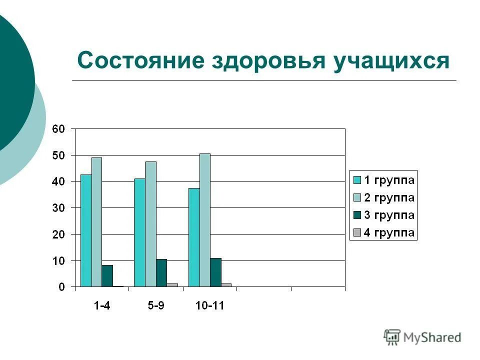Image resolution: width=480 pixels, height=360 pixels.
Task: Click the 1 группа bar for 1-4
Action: click(x=86, y=230)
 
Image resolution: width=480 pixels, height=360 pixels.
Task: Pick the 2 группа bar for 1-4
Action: click(x=96, y=222)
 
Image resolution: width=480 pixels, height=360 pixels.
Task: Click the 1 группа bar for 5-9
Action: click(x=139, y=232)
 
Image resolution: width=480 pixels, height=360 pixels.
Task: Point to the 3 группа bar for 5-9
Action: click(x=161, y=273)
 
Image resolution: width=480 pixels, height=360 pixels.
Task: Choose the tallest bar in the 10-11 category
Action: click(x=204, y=220)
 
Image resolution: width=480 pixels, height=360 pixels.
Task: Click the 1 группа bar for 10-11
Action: click(x=194, y=237)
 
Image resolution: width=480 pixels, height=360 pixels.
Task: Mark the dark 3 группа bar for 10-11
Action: click(x=215, y=272)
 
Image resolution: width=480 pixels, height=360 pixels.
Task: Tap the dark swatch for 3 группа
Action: click(x=357, y=215)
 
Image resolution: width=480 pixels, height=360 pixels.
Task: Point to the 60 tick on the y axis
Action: click(x=58, y=129)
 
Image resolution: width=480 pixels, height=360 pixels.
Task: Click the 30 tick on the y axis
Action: click(x=58, y=208)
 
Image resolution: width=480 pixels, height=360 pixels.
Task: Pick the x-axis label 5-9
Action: click(x=155, y=306)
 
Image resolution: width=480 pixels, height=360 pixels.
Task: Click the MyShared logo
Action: click(x=423, y=337)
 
